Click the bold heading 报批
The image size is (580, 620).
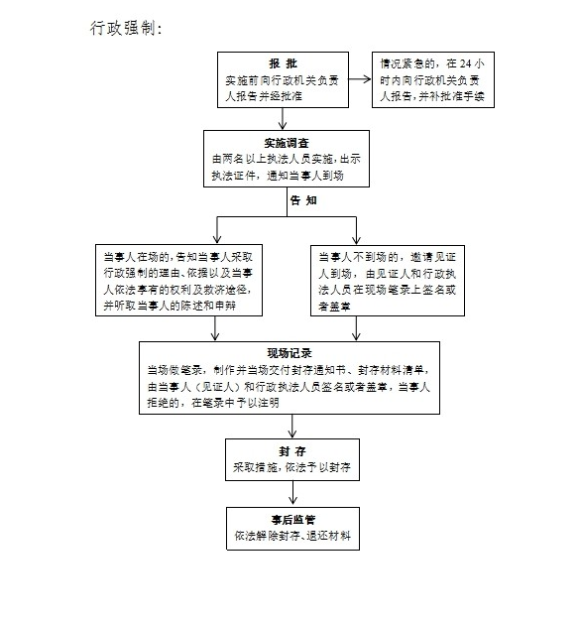click(283, 63)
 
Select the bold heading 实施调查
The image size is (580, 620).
click(287, 143)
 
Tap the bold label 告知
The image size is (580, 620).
click(303, 200)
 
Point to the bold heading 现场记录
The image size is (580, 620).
click(290, 353)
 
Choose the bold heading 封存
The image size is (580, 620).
click(292, 451)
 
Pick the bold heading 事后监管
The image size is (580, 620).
click(293, 520)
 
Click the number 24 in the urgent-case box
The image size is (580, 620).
click(466, 63)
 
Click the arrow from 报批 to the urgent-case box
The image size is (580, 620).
click(360, 79)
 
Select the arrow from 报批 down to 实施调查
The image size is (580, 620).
click(283, 119)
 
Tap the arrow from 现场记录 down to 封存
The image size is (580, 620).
click(291, 427)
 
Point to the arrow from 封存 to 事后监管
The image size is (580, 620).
click(292, 493)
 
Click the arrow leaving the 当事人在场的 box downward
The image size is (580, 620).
click(215, 328)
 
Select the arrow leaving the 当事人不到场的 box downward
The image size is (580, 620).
click(356, 328)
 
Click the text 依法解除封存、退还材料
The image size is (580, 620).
click(292, 536)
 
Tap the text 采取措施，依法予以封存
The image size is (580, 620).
click(291, 467)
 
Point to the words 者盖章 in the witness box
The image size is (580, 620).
click(334, 307)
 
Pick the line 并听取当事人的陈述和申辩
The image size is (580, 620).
click(170, 306)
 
